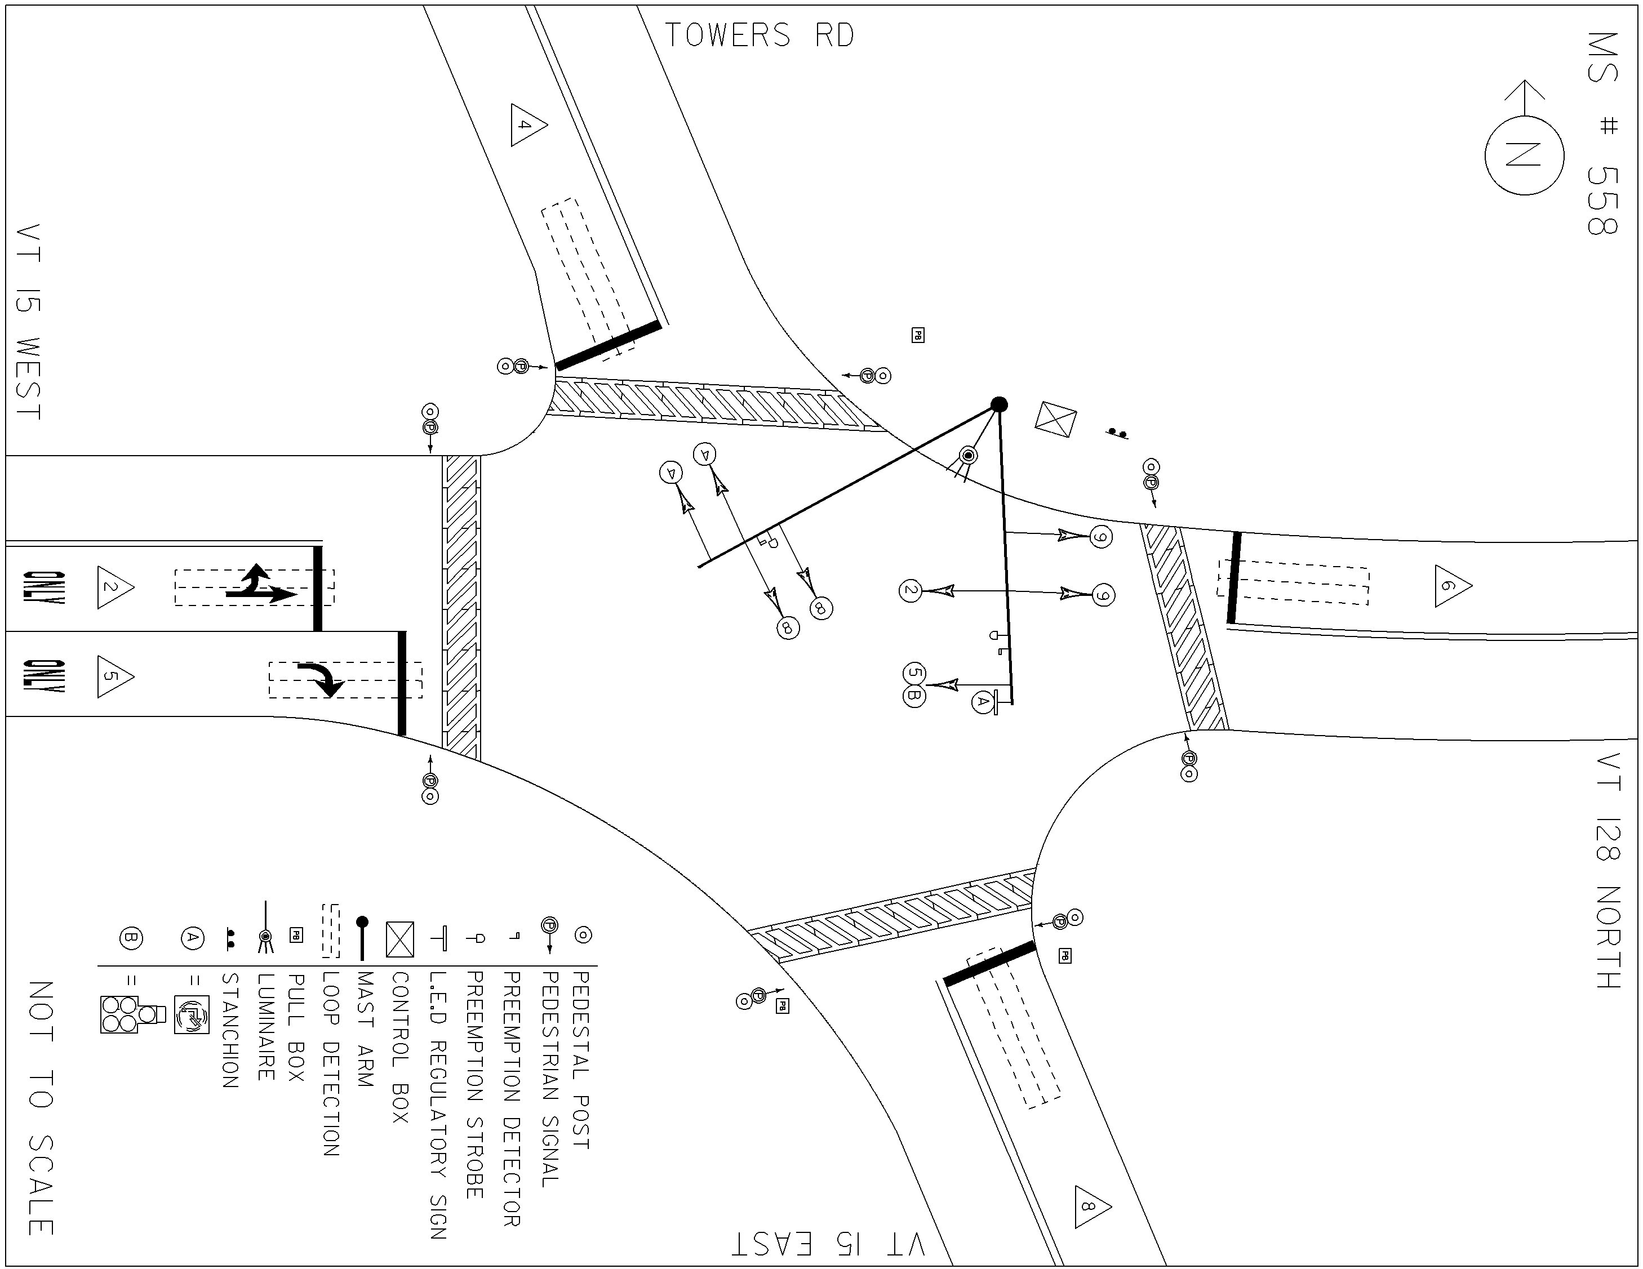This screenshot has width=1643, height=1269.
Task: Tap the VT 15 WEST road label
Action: (x=28, y=322)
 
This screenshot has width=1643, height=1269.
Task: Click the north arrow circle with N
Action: (x=1524, y=155)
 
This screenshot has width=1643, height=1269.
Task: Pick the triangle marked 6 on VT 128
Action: (x=1453, y=586)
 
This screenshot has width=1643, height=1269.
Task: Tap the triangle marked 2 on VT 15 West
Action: (x=115, y=587)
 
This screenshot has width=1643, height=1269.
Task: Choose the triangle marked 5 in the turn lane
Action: (x=115, y=676)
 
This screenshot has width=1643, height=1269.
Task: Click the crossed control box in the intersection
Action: (x=1055, y=419)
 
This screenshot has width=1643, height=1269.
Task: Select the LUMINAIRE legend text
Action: (x=265, y=1027)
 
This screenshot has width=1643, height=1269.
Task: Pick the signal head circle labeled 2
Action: (x=911, y=590)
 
